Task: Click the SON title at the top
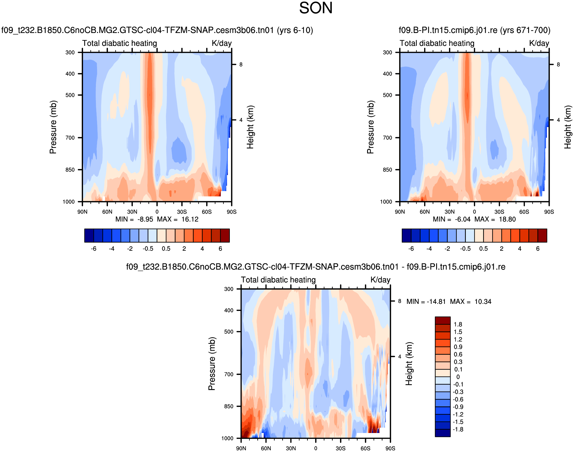[x=316, y=8]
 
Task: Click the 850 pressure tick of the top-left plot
[x=70, y=170]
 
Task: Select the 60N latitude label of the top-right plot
[x=424, y=212]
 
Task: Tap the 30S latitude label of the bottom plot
[x=340, y=448]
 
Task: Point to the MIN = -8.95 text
[x=134, y=219]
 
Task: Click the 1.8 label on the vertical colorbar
[x=458, y=324]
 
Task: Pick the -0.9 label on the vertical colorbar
[x=458, y=407]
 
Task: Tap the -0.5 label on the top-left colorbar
[x=148, y=249]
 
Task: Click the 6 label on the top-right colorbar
[x=538, y=249]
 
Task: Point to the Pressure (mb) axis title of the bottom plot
[x=212, y=363]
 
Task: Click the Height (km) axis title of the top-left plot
[x=250, y=127]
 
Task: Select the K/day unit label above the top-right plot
[x=539, y=43]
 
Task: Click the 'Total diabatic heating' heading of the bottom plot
[x=278, y=280]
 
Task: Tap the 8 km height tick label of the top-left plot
[x=241, y=65]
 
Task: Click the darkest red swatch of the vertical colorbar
[x=443, y=320]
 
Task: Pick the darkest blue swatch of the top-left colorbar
[x=89, y=235]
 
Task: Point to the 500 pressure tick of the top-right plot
[x=387, y=95]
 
